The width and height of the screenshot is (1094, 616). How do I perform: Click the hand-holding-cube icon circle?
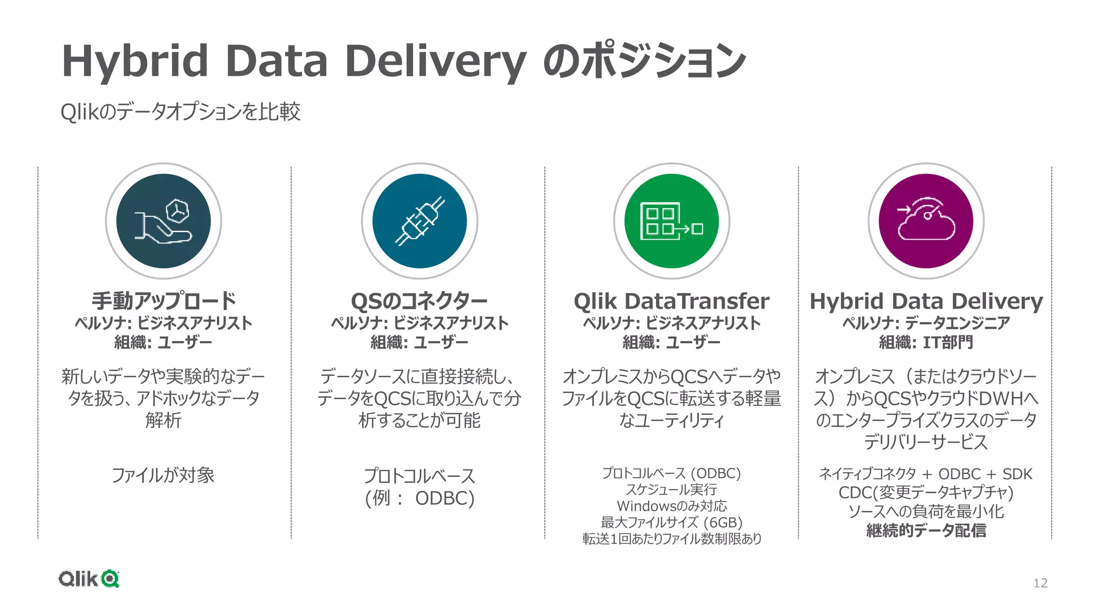tap(163, 221)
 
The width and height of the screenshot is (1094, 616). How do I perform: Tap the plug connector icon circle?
tap(419, 221)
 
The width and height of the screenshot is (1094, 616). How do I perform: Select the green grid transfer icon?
tap(671, 221)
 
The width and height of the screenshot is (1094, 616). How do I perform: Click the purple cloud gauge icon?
tap(926, 221)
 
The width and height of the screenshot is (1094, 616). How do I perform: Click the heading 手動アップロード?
tap(163, 301)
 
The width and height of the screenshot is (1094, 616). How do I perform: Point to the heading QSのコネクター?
tap(419, 302)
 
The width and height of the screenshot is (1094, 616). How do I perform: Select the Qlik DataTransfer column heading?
tap(671, 302)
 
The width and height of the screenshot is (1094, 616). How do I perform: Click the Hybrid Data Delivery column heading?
tap(926, 302)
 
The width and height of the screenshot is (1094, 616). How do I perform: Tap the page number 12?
tap(1040, 583)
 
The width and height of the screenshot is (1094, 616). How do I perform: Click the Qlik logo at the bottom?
tap(89, 579)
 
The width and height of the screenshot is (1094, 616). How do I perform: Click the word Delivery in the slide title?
tap(435, 61)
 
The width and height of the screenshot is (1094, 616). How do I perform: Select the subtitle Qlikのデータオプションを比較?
tap(181, 112)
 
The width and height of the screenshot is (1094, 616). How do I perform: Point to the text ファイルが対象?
tap(163, 475)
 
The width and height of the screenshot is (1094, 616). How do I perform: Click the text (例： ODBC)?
tap(419, 498)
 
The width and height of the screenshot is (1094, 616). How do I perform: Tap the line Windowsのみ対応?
tap(671, 506)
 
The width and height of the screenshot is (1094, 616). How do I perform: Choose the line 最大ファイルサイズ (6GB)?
tap(671, 522)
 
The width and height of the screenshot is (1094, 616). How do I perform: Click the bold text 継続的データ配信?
tap(926, 530)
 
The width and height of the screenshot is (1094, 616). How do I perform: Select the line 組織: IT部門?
tap(926, 342)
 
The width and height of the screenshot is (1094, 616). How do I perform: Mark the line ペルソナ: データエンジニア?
tap(926, 323)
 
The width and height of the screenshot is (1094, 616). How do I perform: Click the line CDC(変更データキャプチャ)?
tap(926, 492)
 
